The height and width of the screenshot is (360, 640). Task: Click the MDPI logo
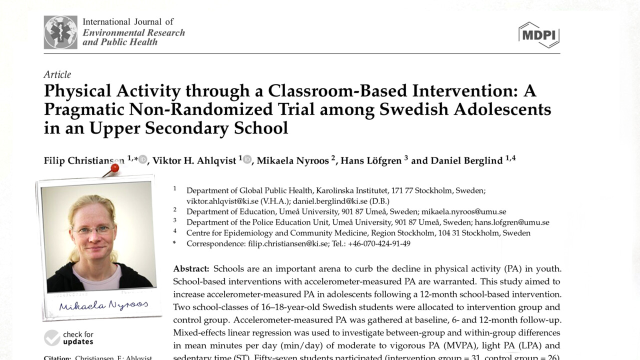[x=538, y=34]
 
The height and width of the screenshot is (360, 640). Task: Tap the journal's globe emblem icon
[x=60, y=32]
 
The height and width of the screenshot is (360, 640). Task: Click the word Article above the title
[x=57, y=74]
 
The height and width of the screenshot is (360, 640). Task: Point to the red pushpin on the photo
[x=114, y=168]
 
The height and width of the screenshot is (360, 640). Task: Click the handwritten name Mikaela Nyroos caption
[x=103, y=305]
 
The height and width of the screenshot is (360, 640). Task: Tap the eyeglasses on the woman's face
[x=93, y=230]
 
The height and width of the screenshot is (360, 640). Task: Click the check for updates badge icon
[x=52, y=338]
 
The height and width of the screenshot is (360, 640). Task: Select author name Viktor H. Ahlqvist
[x=194, y=160]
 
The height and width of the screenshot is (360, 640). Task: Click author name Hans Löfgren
[x=371, y=160]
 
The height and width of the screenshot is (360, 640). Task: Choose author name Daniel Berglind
[x=466, y=160]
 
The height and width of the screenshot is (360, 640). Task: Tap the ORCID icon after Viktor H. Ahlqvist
[x=247, y=159]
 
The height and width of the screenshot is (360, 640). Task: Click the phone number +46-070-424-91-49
[x=379, y=243]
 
